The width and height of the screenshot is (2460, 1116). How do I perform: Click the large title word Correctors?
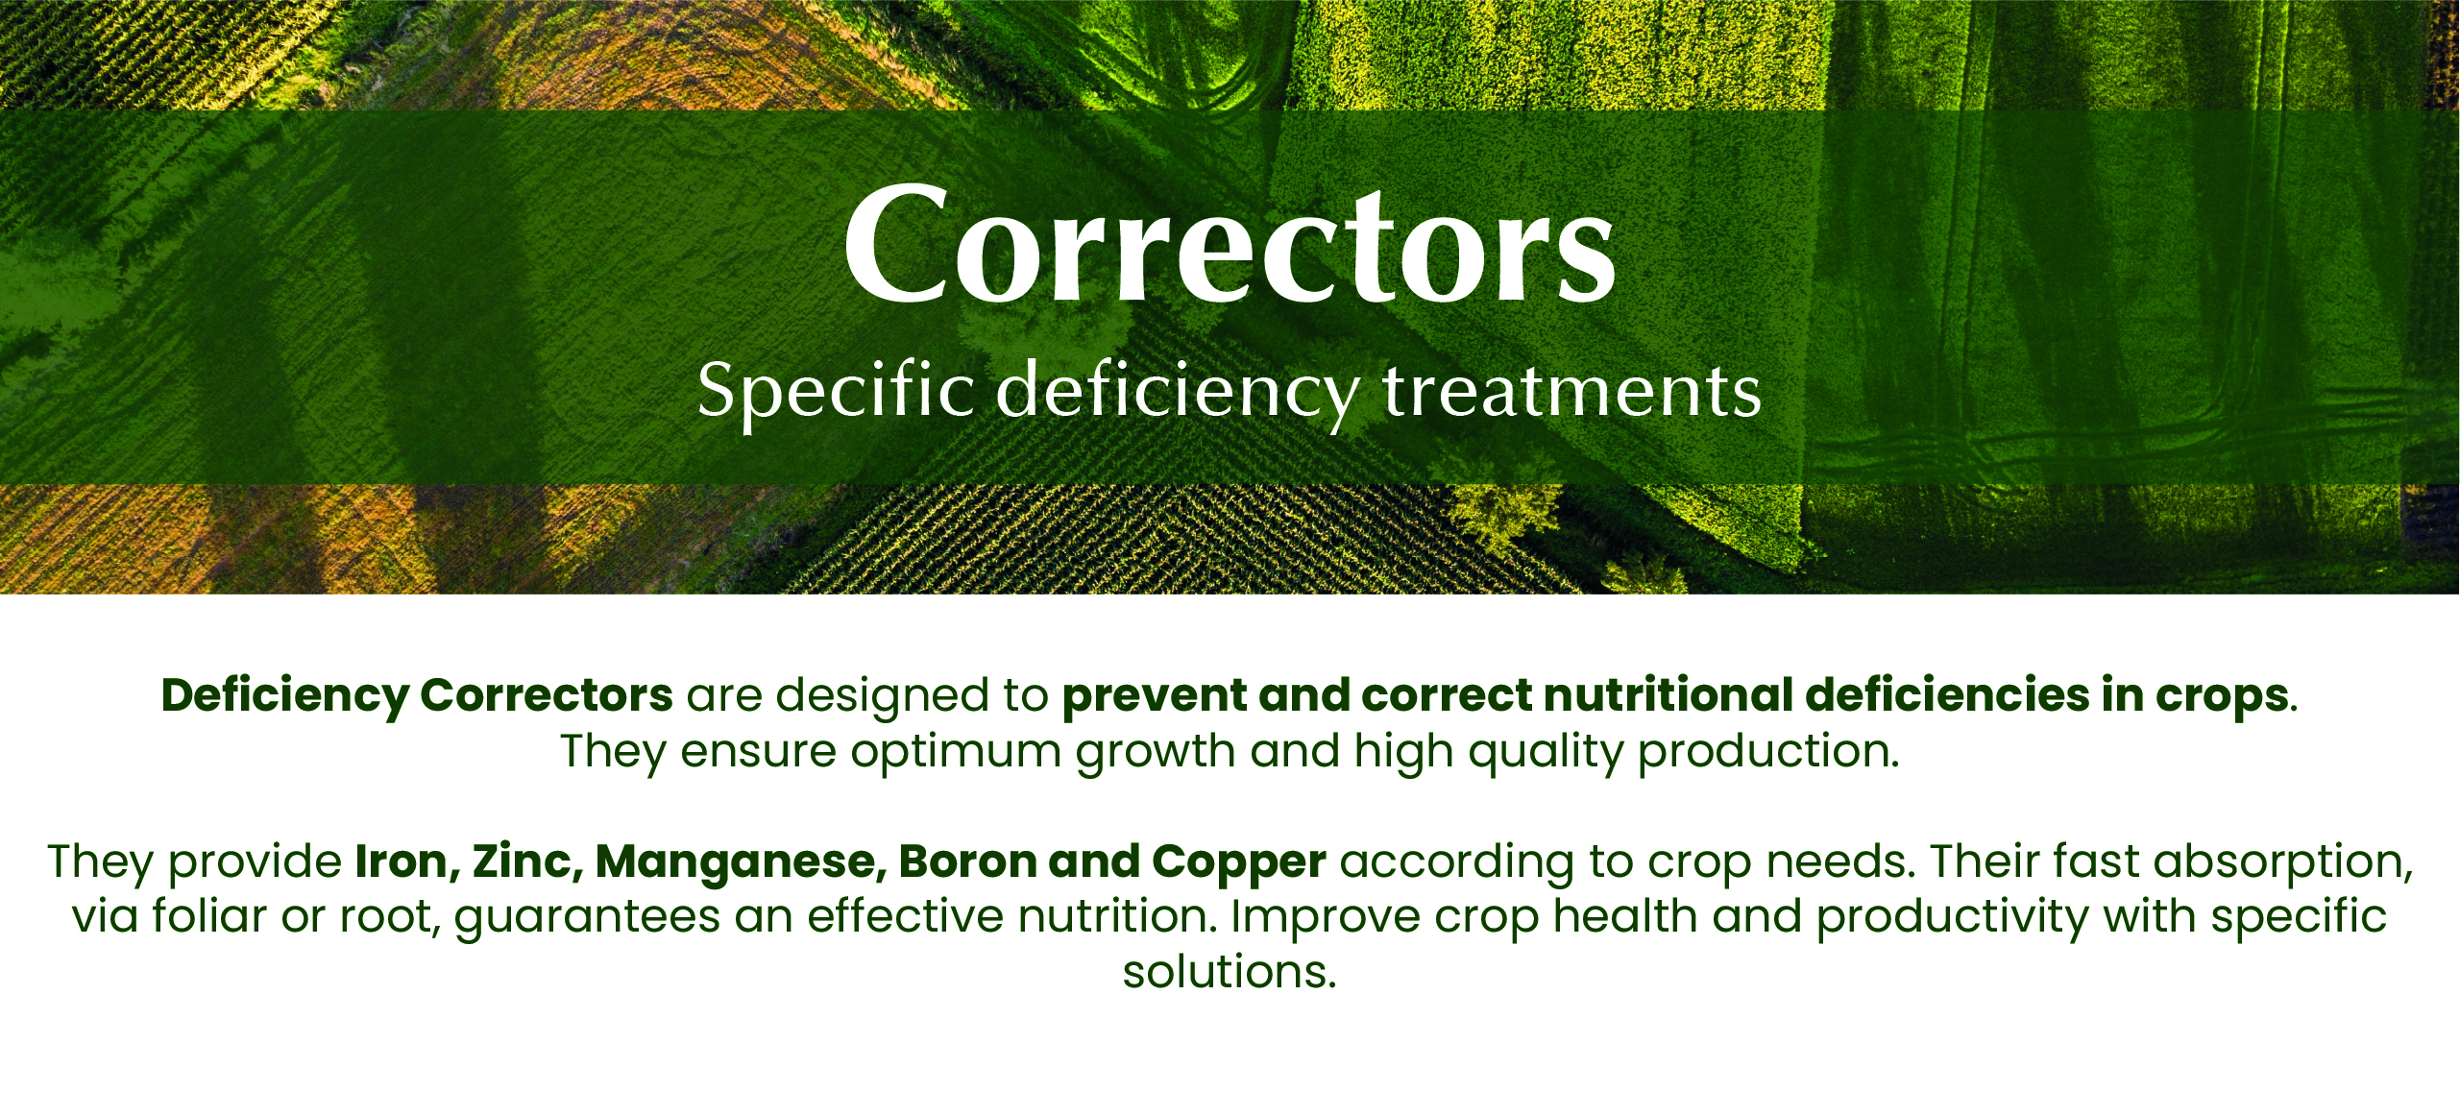coord(1230,245)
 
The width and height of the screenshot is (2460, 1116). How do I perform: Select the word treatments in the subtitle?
coord(1572,392)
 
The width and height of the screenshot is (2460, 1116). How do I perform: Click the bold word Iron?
coord(407,861)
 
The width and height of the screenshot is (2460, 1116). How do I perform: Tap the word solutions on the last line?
coord(1229,972)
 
